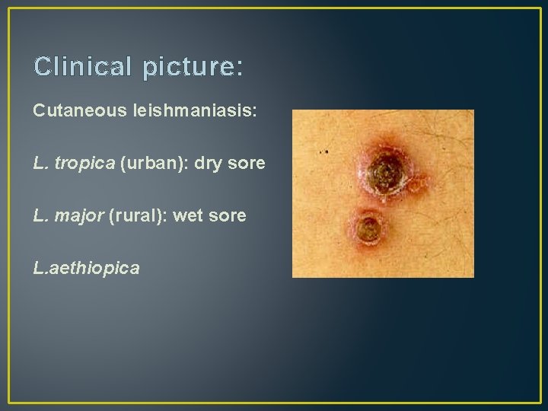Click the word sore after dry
coord(247,164)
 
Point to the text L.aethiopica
coord(86,269)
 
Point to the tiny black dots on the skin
coord(324,152)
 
